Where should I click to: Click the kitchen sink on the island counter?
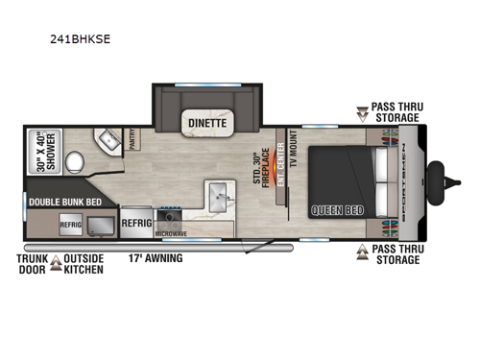pyautogui.click(x=213, y=201)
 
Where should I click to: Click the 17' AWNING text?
pyautogui.click(x=154, y=257)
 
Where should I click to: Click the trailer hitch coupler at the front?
pyautogui.click(x=443, y=179)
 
